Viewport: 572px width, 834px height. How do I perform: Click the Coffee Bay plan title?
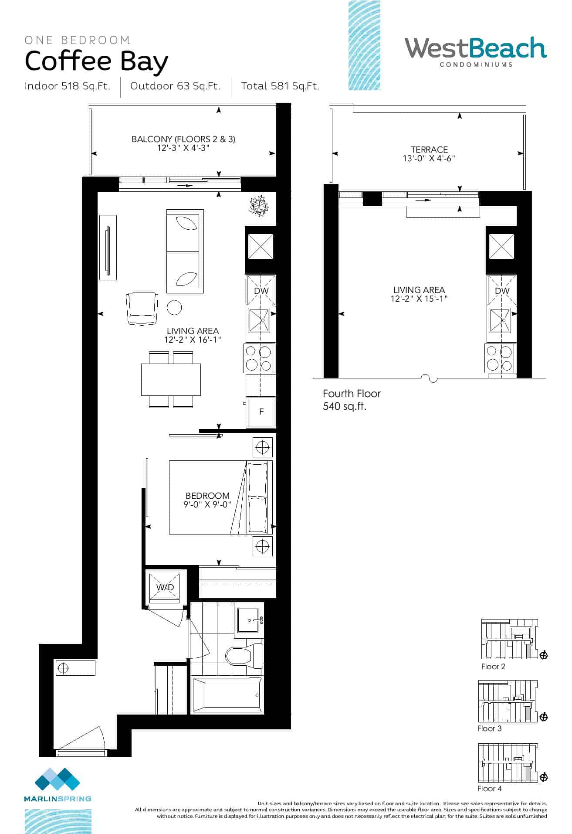pos(96,62)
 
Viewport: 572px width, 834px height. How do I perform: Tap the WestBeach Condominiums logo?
pos(476,52)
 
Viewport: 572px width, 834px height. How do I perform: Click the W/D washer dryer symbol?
pos(165,587)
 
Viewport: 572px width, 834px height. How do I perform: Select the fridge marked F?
pos(261,412)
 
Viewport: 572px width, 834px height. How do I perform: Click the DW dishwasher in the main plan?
pos(261,290)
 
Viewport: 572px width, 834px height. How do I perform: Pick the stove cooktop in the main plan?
pos(260,358)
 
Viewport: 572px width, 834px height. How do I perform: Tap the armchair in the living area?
pos(142,308)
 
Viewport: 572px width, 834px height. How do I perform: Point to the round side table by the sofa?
pos(175,308)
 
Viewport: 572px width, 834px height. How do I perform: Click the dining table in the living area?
pos(171,379)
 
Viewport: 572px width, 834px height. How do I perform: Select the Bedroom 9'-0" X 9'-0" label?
pos(207,500)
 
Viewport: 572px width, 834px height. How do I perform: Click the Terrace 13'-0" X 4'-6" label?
pos(429,154)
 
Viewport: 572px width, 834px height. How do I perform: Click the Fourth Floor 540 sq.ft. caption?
pos(352,400)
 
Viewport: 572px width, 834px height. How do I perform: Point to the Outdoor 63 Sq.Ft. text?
pos(175,86)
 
